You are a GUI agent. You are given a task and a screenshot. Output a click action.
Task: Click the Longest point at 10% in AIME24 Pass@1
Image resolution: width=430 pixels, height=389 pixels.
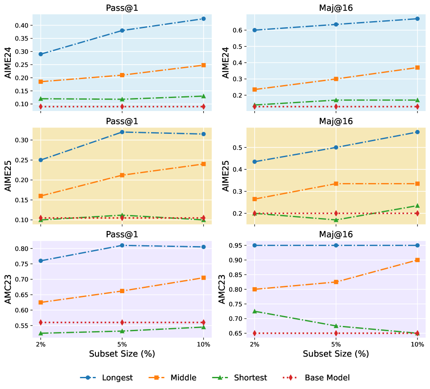pyautogui.click(x=203, y=19)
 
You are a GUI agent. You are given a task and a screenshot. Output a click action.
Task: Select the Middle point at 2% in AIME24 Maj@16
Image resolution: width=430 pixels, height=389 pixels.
pyautogui.click(x=255, y=89)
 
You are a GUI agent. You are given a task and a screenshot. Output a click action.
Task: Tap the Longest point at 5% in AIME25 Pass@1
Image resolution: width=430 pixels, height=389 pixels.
pyautogui.click(x=122, y=132)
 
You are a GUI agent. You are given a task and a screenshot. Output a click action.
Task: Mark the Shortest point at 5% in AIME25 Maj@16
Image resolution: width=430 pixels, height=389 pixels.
pyautogui.click(x=336, y=220)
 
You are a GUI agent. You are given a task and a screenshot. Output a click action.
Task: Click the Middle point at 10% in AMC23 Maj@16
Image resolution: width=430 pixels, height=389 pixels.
pyautogui.click(x=417, y=260)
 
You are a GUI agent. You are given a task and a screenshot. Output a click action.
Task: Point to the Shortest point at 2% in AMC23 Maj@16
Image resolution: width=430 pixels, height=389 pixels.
pyautogui.click(x=255, y=311)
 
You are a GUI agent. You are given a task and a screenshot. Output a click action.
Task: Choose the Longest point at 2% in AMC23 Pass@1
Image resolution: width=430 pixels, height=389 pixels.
pyautogui.click(x=41, y=261)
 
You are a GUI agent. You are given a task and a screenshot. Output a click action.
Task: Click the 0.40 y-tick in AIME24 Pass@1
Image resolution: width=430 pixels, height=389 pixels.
pyautogui.click(x=22, y=25)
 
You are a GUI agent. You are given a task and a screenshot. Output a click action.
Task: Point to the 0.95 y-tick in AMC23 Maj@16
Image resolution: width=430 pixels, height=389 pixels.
pyautogui.click(x=236, y=245)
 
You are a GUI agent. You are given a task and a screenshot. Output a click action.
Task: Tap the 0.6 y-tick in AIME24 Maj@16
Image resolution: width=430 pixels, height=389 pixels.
pyautogui.click(x=240, y=30)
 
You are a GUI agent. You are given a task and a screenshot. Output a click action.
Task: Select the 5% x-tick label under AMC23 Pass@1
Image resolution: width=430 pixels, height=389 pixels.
pyautogui.click(x=122, y=345)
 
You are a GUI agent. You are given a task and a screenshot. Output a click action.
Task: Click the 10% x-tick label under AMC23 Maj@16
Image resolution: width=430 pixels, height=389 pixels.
pyautogui.click(x=417, y=345)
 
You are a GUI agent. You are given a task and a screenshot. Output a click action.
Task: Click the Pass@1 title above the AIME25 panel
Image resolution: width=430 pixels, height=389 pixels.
pyautogui.click(x=122, y=121)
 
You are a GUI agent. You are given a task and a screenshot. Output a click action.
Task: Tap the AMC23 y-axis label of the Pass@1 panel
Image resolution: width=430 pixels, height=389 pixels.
pyautogui.click(x=8, y=288)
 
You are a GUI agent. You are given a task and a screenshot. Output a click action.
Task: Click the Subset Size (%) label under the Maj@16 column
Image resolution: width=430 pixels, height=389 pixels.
pyautogui.click(x=336, y=354)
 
